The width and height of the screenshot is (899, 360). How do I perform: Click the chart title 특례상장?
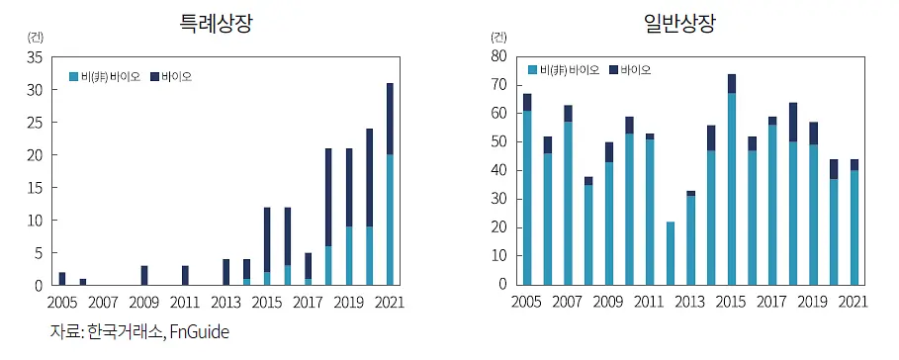pos(216,24)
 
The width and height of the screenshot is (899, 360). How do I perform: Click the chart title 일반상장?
pos(680,24)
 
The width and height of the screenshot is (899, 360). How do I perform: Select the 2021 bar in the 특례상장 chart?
pos(390,184)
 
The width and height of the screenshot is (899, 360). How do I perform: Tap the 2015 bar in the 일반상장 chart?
pos(732,179)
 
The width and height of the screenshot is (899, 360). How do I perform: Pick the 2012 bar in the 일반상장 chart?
pos(671,253)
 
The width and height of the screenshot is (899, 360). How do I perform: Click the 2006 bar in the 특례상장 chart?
pos(82,282)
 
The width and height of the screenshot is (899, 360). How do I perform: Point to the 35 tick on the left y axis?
pos(35,57)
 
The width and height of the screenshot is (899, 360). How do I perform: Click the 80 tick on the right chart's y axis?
pos(498,56)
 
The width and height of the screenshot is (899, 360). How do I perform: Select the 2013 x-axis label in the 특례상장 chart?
pos(225,302)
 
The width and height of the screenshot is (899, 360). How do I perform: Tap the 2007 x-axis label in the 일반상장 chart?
pos(568,302)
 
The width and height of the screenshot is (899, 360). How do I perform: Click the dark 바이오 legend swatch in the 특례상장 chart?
pos(154,76)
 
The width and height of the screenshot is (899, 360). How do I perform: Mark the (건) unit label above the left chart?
pos(35,38)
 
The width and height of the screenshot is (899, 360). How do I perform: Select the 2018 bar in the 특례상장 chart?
pos(328,217)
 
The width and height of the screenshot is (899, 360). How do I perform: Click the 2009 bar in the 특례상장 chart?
pos(144,275)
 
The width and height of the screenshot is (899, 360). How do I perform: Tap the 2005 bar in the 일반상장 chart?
pos(527,189)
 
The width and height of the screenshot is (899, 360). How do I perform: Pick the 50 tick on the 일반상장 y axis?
pos(498,142)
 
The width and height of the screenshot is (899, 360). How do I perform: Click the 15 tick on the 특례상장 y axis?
pos(35,188)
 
